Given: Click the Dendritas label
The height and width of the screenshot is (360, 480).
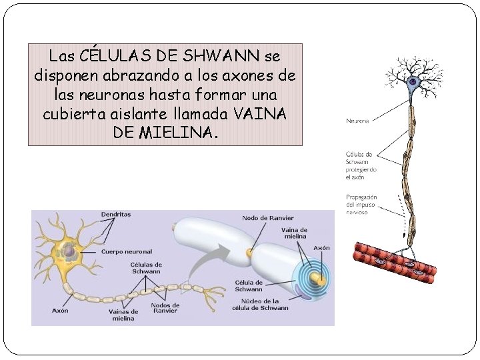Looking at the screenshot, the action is tap(116, 215).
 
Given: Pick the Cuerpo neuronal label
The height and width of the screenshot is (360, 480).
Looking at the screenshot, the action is tap(127, 251).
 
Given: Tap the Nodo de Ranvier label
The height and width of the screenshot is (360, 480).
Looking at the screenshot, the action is tap(267, 218).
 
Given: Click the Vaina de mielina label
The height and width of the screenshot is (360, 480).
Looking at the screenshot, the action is tap(294, 233).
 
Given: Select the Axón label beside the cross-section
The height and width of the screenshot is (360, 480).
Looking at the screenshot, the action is tap(321, 248).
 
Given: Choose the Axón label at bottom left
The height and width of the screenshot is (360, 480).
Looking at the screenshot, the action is tap(60, 310).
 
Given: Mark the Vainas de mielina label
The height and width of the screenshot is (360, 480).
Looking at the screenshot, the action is tap(123, 315).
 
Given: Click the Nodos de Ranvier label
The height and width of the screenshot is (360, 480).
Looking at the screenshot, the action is tap(165, 309).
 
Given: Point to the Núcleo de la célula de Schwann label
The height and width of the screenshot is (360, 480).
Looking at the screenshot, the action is tap(260, 305).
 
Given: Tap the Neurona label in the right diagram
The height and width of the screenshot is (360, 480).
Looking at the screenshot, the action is tap(357, 121).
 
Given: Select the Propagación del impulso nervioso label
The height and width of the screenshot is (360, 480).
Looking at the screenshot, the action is tap(361, 204).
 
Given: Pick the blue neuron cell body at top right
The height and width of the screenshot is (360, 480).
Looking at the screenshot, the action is tap(413, 83).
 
